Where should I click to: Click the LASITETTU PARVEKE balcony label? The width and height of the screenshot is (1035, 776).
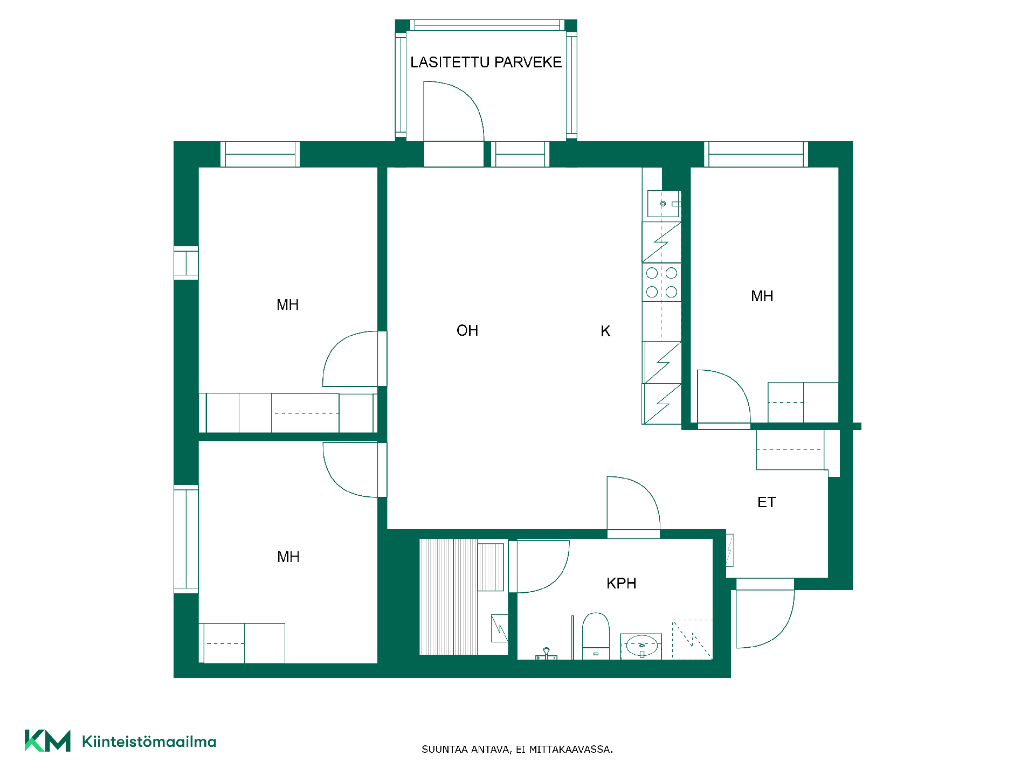point(486,63)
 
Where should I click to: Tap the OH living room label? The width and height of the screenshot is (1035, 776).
point(467,330)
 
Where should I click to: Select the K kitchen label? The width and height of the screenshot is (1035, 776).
point(605,331)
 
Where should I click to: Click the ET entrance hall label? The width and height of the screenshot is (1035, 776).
point(767,502)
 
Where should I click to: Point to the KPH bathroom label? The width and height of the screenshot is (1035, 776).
point(622,583)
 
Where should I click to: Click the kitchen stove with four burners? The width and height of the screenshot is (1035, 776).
point(661,282)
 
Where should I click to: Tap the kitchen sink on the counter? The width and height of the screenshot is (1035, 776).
point(664,204)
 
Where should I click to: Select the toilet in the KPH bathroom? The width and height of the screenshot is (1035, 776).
point(596,636)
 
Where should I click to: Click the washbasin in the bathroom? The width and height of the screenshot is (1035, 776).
point(641,646)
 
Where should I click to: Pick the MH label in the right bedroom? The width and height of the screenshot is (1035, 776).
point(762,296)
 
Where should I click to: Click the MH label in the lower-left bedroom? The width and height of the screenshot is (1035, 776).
point(288,557)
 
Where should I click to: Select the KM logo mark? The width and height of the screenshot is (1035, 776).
point(47,741)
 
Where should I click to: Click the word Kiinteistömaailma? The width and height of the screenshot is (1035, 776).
point(149,742)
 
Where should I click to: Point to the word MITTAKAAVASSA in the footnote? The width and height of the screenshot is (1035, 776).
point(571,750)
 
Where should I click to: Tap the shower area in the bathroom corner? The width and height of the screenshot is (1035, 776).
point(692,640)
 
